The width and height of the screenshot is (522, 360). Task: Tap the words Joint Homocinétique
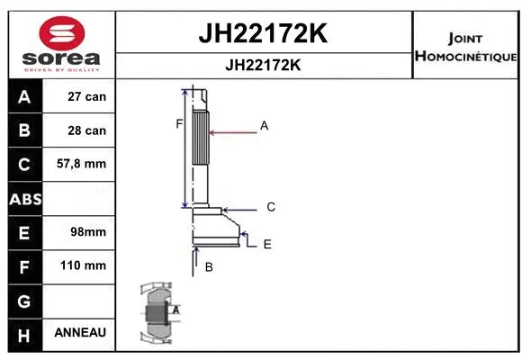[466, 48]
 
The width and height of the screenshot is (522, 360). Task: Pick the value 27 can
[87, 97]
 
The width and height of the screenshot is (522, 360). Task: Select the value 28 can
[87, 130]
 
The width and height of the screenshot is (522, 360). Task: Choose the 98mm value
[87, 232]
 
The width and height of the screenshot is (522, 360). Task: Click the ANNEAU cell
[80, 333]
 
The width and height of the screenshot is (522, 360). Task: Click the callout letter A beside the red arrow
[265, 126]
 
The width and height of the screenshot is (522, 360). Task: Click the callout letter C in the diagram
[271, 207]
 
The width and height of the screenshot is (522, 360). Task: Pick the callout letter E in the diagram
[267, 244]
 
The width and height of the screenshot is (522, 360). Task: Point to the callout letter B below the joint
[209, 267]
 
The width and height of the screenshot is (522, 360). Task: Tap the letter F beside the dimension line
[179, 123]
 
